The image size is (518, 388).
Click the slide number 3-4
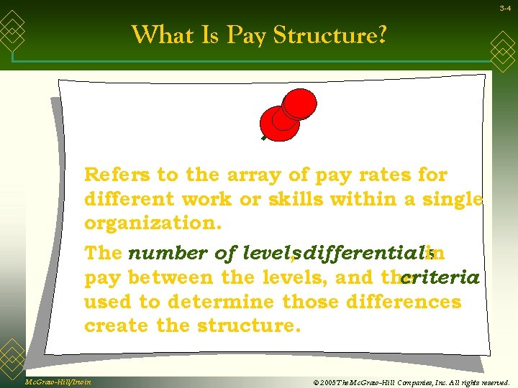coord(506,8)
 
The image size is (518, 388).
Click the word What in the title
coord(160,34)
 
